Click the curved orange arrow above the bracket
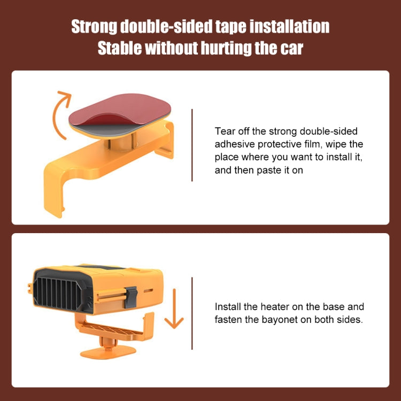pos(59,112)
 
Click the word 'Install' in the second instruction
pos(228,307)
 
